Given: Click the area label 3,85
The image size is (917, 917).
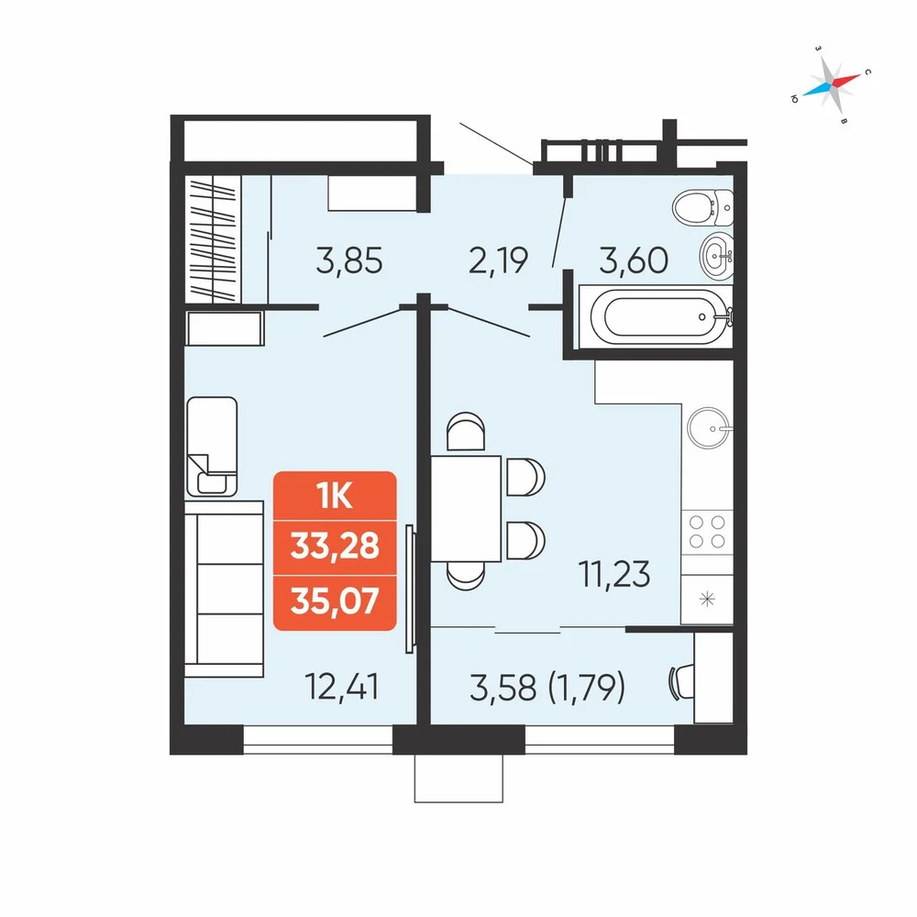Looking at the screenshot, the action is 349,260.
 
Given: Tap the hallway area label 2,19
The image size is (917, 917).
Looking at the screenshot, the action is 498,260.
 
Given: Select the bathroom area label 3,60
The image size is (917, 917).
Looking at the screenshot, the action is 634,260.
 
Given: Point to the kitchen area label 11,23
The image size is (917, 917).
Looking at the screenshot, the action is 614,574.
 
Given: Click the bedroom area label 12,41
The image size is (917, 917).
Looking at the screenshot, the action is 341,687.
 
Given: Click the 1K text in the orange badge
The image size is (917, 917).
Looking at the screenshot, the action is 335,496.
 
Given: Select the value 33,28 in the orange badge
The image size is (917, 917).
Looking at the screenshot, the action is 335,547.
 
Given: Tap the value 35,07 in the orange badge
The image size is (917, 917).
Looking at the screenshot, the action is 335,601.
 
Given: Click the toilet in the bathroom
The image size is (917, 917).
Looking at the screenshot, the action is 702,207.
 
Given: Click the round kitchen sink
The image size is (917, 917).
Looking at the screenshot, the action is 708,428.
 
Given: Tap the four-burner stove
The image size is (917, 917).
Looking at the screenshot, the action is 707,532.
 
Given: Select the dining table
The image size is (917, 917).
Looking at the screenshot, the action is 466,508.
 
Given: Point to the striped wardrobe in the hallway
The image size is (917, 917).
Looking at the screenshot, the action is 213,239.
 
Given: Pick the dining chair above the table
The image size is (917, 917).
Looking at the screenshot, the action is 466,431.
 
